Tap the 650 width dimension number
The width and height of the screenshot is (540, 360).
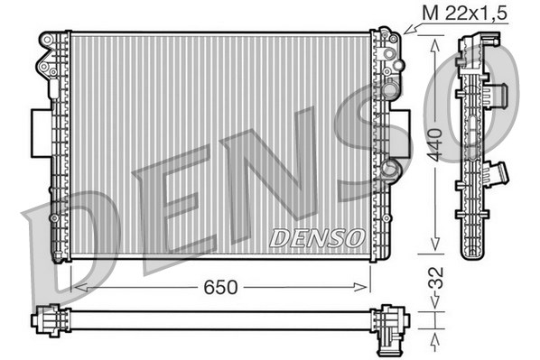coord(219,287)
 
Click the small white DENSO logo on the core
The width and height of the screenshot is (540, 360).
coord(317,237)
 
